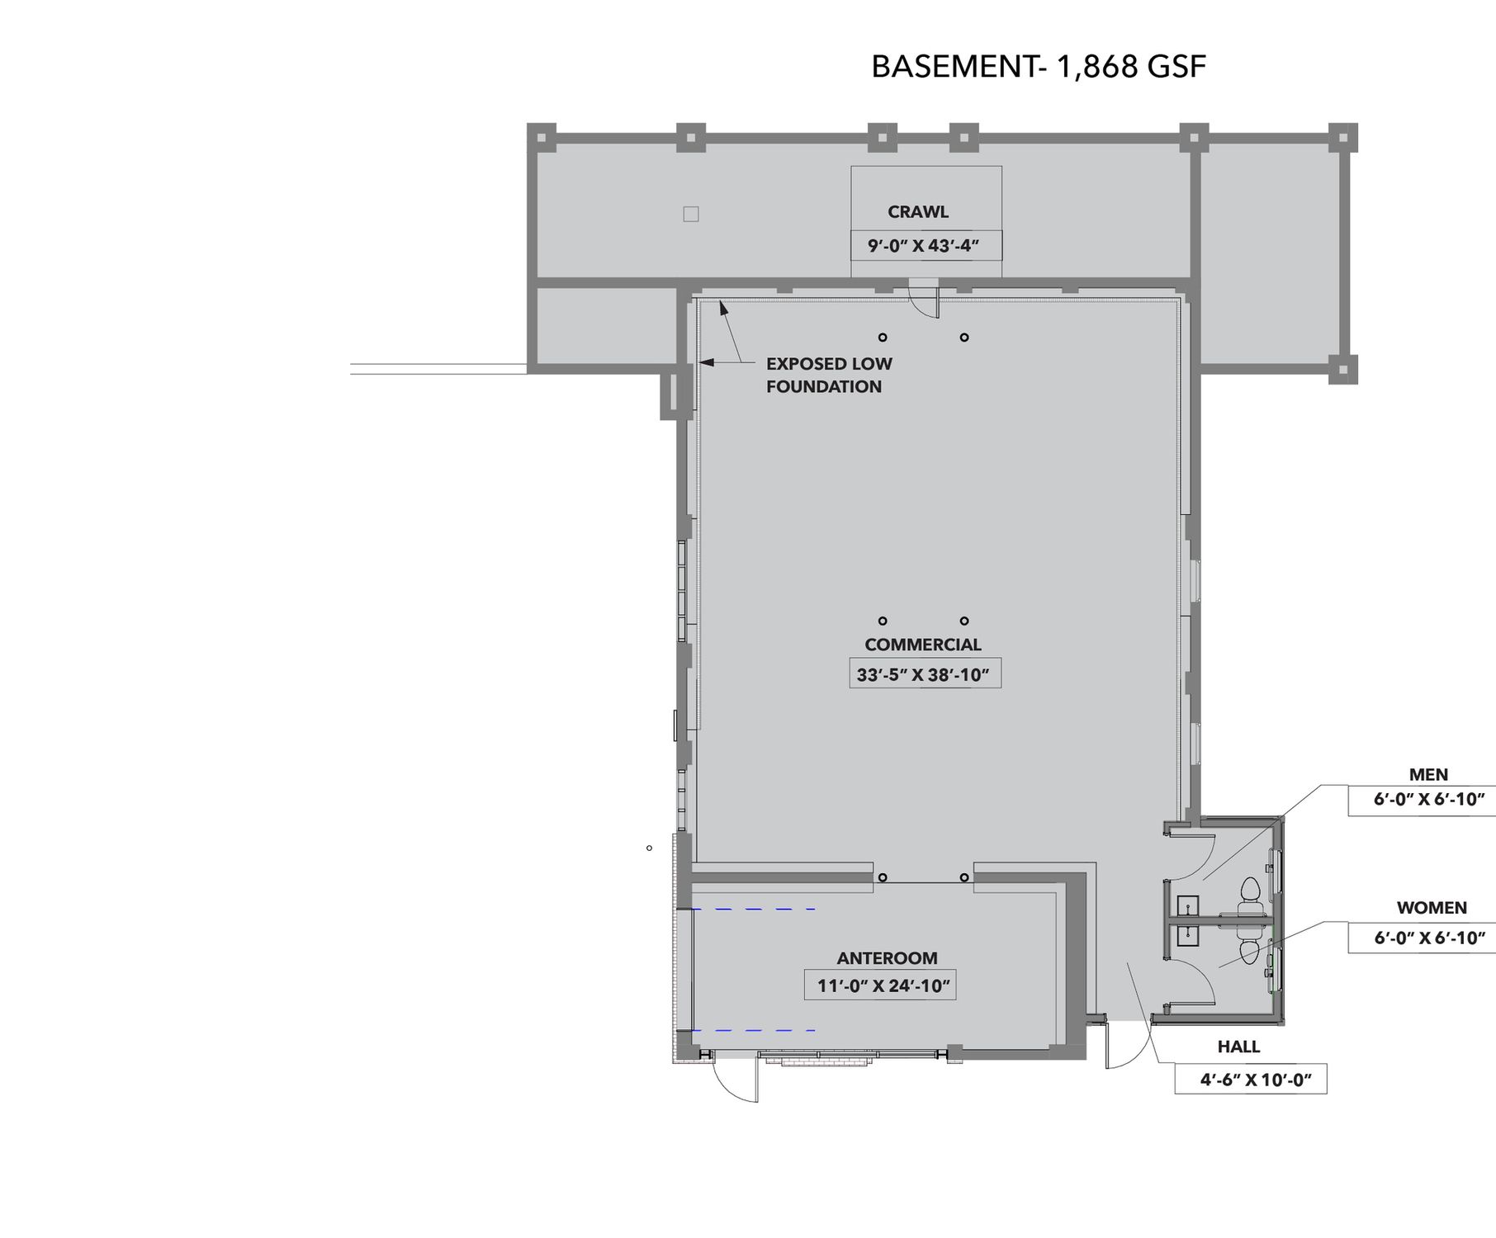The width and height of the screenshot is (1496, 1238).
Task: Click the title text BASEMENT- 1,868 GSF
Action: click(1039, 67)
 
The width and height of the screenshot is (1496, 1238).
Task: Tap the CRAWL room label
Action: click(918, 212)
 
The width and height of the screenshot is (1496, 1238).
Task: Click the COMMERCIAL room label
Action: click(923, 645)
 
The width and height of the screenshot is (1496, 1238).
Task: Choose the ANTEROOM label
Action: click(888, 958)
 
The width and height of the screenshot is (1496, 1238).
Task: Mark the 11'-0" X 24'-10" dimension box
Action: click(880, 985)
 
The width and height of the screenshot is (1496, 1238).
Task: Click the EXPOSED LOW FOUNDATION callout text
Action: click(829, 375)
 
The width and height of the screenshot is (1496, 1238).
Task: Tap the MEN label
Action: click(1428, 775)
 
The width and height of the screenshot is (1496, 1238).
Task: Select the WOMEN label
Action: click(1432, 908)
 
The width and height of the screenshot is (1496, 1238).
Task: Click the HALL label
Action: click(1238, 1047)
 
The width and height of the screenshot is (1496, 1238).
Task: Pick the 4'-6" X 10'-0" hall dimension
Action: click(1251, 1080)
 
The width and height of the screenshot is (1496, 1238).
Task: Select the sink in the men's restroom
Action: click(1187, 906)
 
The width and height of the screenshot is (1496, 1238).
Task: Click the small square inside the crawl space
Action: click(691, 214)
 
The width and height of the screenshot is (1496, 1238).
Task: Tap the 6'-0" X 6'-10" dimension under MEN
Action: click(1422, 800)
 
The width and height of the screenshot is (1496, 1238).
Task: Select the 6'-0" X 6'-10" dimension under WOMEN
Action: click(1422, 938)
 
